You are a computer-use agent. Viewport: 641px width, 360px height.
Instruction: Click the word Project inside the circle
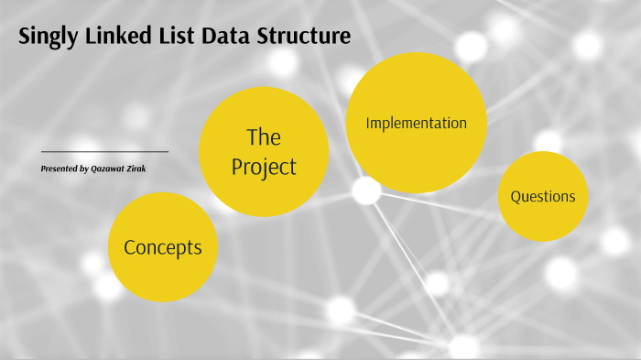click(264, 168)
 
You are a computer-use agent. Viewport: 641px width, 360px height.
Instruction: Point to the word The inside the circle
click(264, 137)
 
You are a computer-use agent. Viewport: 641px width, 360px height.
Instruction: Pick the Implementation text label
click(416, 123)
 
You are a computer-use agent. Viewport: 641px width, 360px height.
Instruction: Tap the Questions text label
click(543, 196)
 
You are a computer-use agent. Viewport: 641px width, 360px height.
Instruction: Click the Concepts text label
click(162, 247)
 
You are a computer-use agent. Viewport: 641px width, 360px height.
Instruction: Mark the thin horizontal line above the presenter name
click(104, 151)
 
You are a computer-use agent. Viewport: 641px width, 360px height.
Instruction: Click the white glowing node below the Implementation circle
click(366, 191)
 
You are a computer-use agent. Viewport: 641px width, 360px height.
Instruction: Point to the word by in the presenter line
click(85, 169)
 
